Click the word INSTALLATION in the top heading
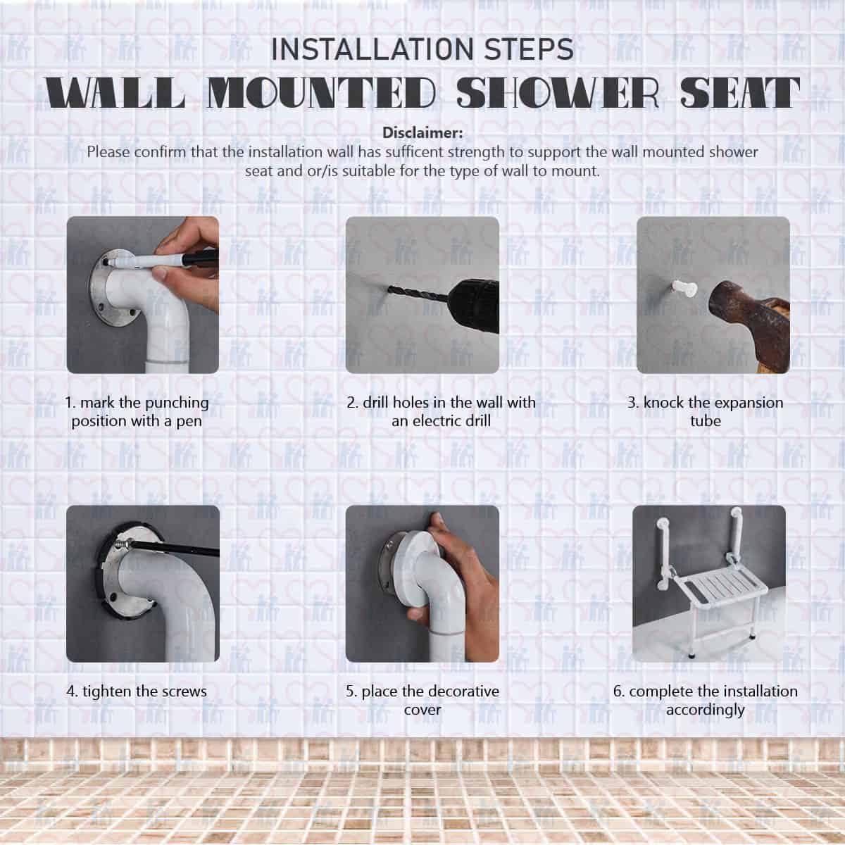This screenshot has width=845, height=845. [x=373, y=49]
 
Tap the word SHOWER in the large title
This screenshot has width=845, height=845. [x=557, y=92]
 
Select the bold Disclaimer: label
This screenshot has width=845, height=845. [x=423, y=133]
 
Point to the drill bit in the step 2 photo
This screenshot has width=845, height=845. [x=419, y=294]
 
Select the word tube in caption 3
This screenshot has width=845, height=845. [x=705, y=421]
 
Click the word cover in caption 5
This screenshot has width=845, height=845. [x=423, y=710]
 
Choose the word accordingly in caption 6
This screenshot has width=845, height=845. [x=705, y=710]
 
